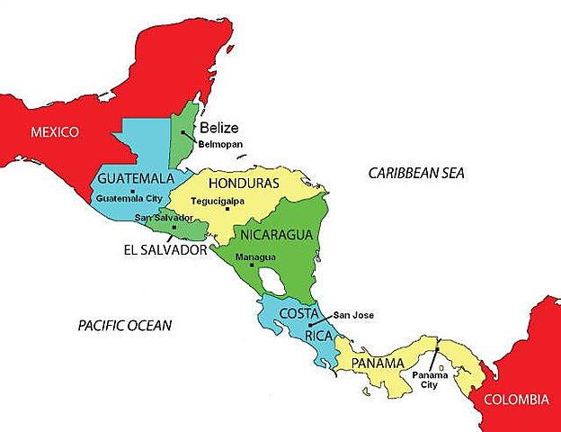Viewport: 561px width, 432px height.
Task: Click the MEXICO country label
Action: pos(55,132)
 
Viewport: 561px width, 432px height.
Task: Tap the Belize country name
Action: pos(219,127)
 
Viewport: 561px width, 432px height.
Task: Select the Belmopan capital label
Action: pos(219,144)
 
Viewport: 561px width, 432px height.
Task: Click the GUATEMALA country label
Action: pos(136,177)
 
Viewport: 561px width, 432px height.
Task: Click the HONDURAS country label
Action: pos(244,183)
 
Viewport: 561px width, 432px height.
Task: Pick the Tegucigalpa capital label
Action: pos(234,199)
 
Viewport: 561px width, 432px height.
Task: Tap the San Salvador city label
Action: pos(164,218)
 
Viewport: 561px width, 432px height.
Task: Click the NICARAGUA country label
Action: pos(276,235)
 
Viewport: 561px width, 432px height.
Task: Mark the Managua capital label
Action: pos(255,256)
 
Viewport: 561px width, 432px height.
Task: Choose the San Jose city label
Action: pos(353,315)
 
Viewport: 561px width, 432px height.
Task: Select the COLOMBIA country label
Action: pos(516,400)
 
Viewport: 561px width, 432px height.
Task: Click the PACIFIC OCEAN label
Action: pos(124,325)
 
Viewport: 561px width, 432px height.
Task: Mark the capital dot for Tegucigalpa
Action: pos(228,209)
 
